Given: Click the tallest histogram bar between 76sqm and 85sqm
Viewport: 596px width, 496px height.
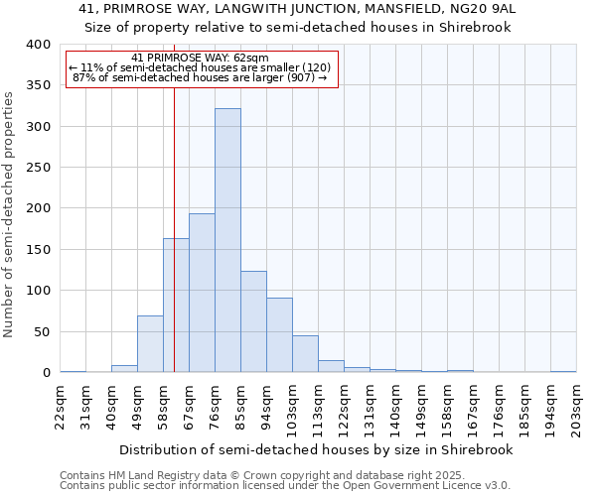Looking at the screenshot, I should click(227, 240).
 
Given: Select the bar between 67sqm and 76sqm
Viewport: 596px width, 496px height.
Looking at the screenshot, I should click(202, 293).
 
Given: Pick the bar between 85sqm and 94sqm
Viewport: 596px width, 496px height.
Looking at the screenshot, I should click(253, 321).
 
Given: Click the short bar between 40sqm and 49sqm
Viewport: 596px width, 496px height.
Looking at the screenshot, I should click(124, 369).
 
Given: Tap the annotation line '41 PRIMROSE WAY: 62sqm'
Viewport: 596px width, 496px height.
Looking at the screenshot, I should click(200, 59).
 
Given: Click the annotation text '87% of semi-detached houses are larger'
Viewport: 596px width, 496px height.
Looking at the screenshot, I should click(200, 77).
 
